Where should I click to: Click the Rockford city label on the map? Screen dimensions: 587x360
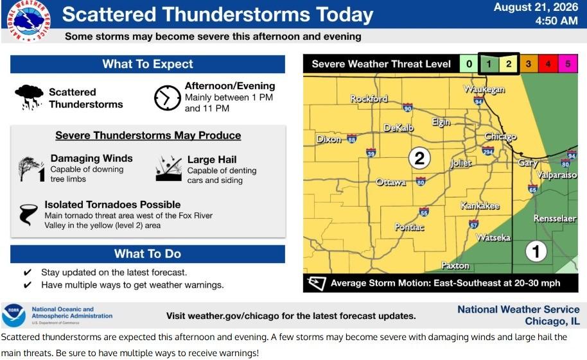[x=369, y=99]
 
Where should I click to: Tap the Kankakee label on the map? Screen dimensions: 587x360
[x=480, y=206]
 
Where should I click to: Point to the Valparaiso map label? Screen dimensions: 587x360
[x=557, y=175]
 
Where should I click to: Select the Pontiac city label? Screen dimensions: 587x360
[x=410, y=227]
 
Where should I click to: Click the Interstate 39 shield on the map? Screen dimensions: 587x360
[x=371, y=153]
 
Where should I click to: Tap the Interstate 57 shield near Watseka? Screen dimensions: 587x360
[x=473, y=224]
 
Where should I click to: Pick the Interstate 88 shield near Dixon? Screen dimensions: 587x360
[x=351, y=139]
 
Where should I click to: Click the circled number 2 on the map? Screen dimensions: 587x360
[x=419, y=158]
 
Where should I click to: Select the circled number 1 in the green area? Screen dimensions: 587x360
[x=536, y=252]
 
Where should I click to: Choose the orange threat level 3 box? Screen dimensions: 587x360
[x=528, y=64]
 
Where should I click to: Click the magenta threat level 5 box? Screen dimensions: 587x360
[x=568, y=64]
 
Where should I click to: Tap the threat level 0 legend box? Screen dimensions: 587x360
[x=469, y=64]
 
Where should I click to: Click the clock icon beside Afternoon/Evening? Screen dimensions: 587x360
[x=168, y=98]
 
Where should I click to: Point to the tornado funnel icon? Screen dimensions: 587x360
[x=28, y=214]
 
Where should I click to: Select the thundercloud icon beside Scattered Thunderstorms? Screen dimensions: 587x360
[x=29, y=98]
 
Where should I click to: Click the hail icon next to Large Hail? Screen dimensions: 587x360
[x=168, y=168]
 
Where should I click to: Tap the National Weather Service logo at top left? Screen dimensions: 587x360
[x=29, y=20]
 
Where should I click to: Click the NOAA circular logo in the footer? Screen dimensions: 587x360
[x=14, y=316]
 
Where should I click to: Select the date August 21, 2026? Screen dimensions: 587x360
[x=536, y=7]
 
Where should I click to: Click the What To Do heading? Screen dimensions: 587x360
[x=148, y=253]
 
